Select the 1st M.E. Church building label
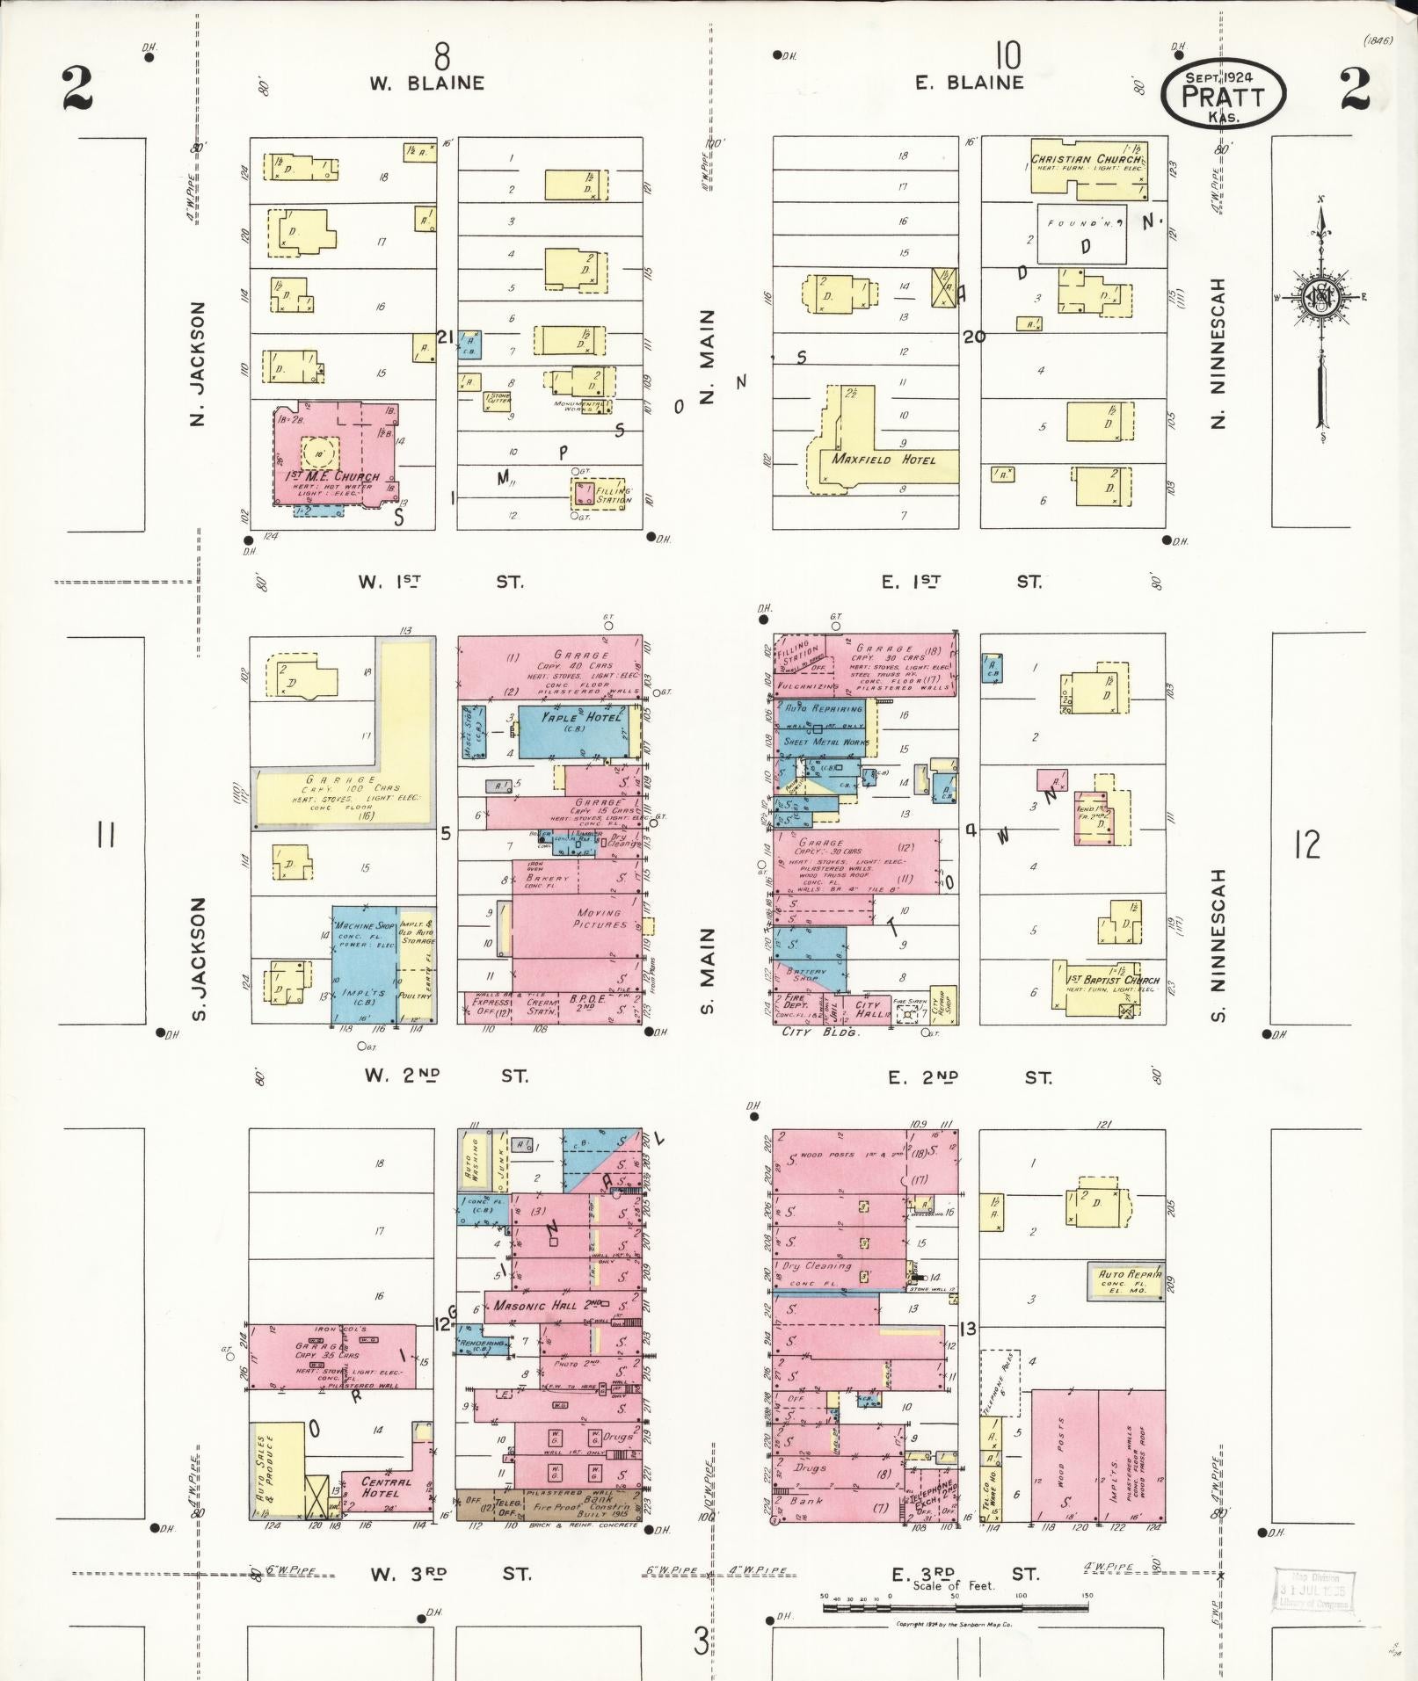pyautogui.click(x=333, y=476)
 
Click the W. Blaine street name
pyautogui.click(x=426, y=83)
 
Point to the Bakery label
pyautogui.click(x=549, y=878)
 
